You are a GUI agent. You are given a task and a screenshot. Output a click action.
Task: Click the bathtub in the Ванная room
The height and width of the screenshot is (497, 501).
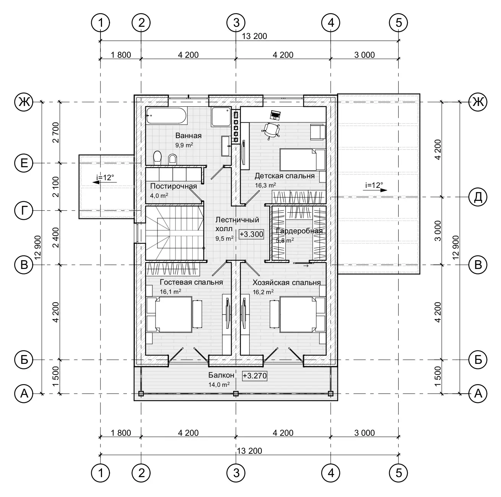pos(166,116)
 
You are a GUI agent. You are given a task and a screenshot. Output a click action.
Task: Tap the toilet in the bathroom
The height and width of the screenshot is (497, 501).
pos(157,158)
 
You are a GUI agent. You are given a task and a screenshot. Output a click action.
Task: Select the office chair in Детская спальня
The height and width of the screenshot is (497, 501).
pos(271,130)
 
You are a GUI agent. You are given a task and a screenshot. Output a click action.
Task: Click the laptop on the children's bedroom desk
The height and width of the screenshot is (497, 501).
pos(275,115)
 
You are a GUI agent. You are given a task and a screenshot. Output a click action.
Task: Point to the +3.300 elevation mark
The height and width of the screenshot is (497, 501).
pos(251,234)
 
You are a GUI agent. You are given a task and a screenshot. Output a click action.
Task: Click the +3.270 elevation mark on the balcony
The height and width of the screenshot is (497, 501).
pos(255,376)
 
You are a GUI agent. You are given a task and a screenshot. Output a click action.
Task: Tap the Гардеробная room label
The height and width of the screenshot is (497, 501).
pos(299,231)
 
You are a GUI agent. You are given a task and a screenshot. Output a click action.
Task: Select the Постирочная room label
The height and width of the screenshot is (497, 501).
pos(173,186)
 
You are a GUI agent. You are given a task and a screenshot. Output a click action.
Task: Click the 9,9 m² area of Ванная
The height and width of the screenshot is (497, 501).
pos(184,145)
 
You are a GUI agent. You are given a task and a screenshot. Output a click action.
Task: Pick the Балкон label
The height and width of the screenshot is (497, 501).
pos(221,375)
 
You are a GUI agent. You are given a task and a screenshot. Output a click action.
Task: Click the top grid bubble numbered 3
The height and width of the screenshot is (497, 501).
pos(236,23)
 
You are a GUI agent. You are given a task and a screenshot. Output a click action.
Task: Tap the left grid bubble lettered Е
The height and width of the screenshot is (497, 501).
pos(24,163)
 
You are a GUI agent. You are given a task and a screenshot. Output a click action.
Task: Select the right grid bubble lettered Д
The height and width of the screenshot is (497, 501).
pos(478,197)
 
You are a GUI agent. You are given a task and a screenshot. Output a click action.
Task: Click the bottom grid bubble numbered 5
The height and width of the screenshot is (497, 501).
pos(399,473)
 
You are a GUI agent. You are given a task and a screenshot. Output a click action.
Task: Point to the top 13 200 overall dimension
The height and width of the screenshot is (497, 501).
pos(254,36)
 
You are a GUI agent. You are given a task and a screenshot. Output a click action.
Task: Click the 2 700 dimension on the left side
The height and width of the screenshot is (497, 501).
pos(56,132)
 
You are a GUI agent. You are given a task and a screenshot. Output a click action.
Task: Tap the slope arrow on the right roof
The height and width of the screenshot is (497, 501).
pos(375,190)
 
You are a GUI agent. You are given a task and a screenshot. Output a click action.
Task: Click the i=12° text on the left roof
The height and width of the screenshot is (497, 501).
pos(105,178)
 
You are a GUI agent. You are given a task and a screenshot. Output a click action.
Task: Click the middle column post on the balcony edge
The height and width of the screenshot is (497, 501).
pos(236,393)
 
